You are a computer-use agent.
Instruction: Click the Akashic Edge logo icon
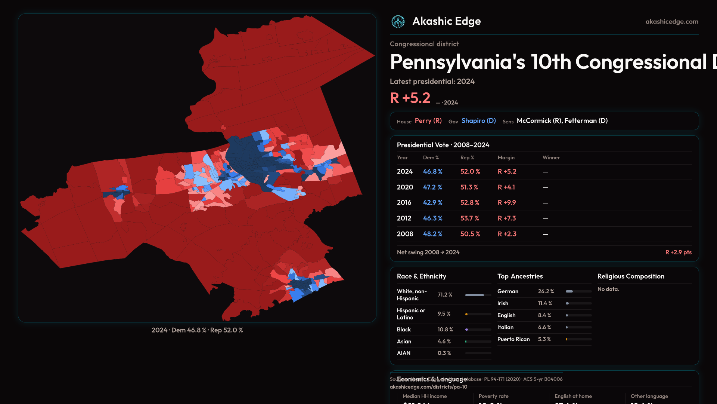398,22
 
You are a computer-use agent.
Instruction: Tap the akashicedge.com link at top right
672,22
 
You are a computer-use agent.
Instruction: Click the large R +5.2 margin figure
410,98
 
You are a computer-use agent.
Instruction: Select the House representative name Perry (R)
428,121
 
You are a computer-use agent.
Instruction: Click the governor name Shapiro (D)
478,121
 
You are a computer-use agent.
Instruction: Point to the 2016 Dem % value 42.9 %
432,203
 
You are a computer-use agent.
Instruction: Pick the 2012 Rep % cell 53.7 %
469,218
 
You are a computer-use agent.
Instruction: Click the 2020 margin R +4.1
506,187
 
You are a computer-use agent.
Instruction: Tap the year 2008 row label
405,234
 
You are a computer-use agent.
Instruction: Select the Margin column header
506,158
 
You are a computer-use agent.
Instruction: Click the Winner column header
551,158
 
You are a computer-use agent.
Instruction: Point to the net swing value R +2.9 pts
678,252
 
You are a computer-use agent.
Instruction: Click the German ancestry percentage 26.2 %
546,291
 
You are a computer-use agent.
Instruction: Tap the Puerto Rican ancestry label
513,339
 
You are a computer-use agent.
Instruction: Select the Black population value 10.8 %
445,330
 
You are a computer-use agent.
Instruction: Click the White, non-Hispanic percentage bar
478,295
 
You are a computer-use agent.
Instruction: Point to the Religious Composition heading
631,276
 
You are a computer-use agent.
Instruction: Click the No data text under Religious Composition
608,289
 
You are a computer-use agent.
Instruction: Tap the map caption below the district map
197,330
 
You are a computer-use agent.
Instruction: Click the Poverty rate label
493,396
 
